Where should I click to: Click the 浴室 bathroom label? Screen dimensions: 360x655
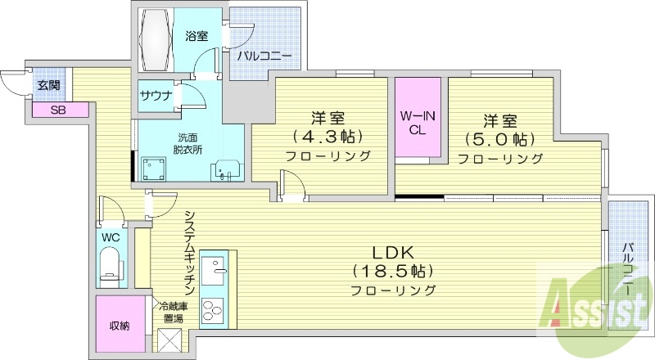click(196, 36)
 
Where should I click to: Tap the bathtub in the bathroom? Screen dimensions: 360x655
click(157, 42)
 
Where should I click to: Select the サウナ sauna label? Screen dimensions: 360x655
click(156, 96)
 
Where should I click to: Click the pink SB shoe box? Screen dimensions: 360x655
click(58, 110)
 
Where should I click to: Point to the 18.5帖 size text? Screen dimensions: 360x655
click(392, 270)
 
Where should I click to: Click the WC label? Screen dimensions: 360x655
click(110, 237)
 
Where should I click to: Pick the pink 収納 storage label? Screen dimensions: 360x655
click(120, 326)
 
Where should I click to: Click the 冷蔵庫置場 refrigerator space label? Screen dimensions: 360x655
click(173, 313)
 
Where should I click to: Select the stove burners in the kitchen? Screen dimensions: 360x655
click(212, 312)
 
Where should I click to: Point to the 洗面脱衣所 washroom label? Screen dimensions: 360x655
click(187, 144)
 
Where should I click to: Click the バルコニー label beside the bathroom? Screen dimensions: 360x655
click(264, 57)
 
